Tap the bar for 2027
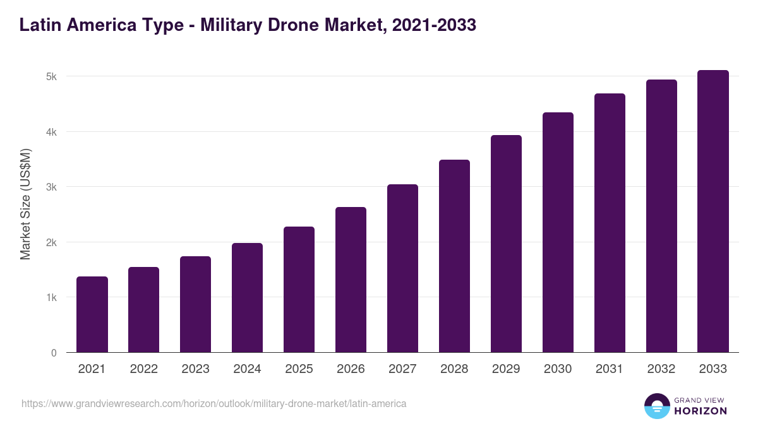tap(403, 268)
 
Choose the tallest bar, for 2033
tap(713, 211)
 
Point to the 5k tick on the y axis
tap(51, 77)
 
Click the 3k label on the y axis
tap(51, 187)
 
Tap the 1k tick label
tap(51, 298)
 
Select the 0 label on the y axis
tap(54, 353)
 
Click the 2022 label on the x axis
tap(144, 369)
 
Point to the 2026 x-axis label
tap(351, 369)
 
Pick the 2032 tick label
tap(661, 369)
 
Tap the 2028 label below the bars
tap(455, 369)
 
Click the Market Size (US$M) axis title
tap(25, 204)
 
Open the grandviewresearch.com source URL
tap(214, 403)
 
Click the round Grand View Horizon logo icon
tap(656, 406)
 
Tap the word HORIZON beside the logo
tap(701, 411)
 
